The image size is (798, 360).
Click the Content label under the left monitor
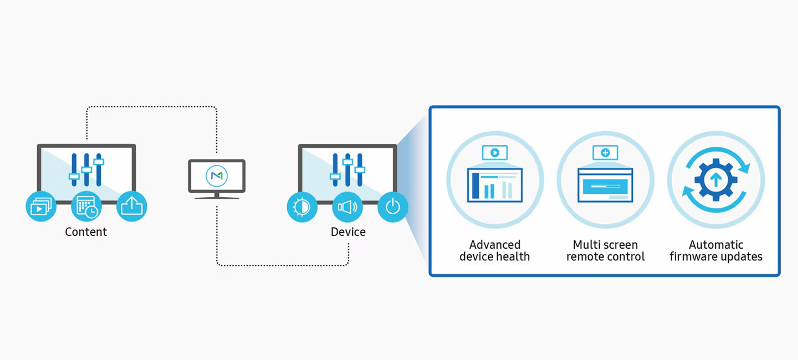point(86,232)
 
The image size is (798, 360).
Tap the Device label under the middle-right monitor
point(348,232)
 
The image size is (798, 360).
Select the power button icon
point(393,207)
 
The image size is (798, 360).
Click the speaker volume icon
point(347,207)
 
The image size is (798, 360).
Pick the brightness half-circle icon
point(302,207)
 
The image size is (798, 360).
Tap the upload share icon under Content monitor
point(132,207)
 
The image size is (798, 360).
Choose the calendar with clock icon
point(86,207)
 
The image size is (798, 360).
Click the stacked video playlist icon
point(41,207)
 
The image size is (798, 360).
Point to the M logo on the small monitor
point(217,176)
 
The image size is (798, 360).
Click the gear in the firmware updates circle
point(715,179)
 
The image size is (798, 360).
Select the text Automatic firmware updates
point(715,250)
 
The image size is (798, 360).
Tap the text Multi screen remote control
point(605,250)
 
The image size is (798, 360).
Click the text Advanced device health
point(494,250)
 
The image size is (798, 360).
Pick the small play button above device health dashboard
point(495,152)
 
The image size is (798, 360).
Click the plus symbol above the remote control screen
point(605,152)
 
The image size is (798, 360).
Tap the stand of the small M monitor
point(217,196)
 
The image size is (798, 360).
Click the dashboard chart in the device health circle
point(495,186)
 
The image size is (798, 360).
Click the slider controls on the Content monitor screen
point(86,169)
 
